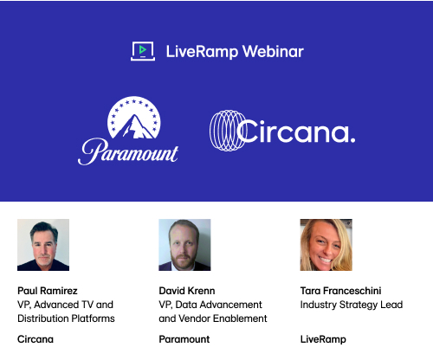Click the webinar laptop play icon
click(143, 51)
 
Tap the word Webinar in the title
click(273, 52)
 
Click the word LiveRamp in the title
click(202, 52)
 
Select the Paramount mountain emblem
click(134, 118)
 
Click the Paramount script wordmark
click(128, 151)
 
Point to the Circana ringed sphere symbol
click(227, 131)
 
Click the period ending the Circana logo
click(352, 139)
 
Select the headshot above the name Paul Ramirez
click(43, 245)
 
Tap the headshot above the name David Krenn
click(184, 245)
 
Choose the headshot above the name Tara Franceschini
click(326, 245)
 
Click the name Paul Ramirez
click(48, 291)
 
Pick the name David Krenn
click(187, 291)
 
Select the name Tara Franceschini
click(340, 291)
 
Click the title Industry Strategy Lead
click(352, 305)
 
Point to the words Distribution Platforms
click(66, 318)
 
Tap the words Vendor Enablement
click(223, 318)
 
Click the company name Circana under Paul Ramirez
click(36, 339)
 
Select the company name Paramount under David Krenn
click(184, 339)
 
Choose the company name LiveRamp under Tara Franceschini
click(323, 339)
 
